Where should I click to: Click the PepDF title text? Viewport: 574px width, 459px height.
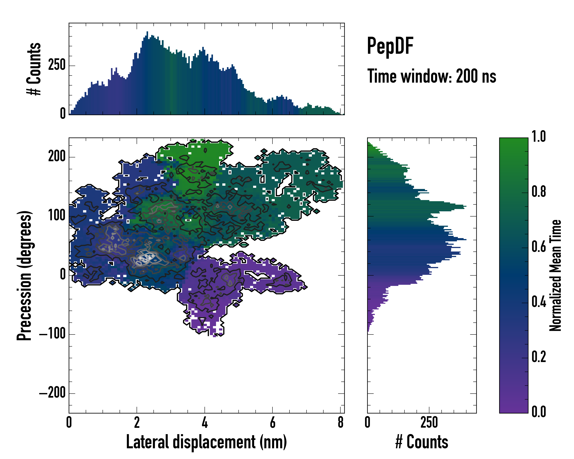pyautogui.click(x=390, y=46)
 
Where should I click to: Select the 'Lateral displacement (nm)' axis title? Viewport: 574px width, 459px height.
pyautogui.click(x=206, y=442)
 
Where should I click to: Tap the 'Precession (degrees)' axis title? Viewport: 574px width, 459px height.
pyautogui.click(x=24, y=275)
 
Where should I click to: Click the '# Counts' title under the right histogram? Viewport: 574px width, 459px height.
pyautogui.click(x=422, y=442)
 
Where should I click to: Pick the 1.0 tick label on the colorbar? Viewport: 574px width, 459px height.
pyautogui.click(x=539, y=137)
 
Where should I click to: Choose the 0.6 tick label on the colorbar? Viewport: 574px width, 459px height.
pyautogui.click(x=539, y=247)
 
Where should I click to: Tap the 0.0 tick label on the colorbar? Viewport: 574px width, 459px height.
pyautogui.click(x=539, y=412)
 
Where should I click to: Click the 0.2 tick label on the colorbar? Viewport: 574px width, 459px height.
pyautogui.click(x=539, y=356)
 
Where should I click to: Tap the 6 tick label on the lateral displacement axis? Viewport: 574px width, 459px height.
pyautogui.click(x=272, y=422)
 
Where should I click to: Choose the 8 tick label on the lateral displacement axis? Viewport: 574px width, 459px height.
pyautogui.click(x=340, y=422)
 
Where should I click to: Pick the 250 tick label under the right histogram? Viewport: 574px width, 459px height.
pyautogui.click(x=429, y=422)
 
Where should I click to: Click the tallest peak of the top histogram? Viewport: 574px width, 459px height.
pyautogui.click(x=147, y=32)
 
